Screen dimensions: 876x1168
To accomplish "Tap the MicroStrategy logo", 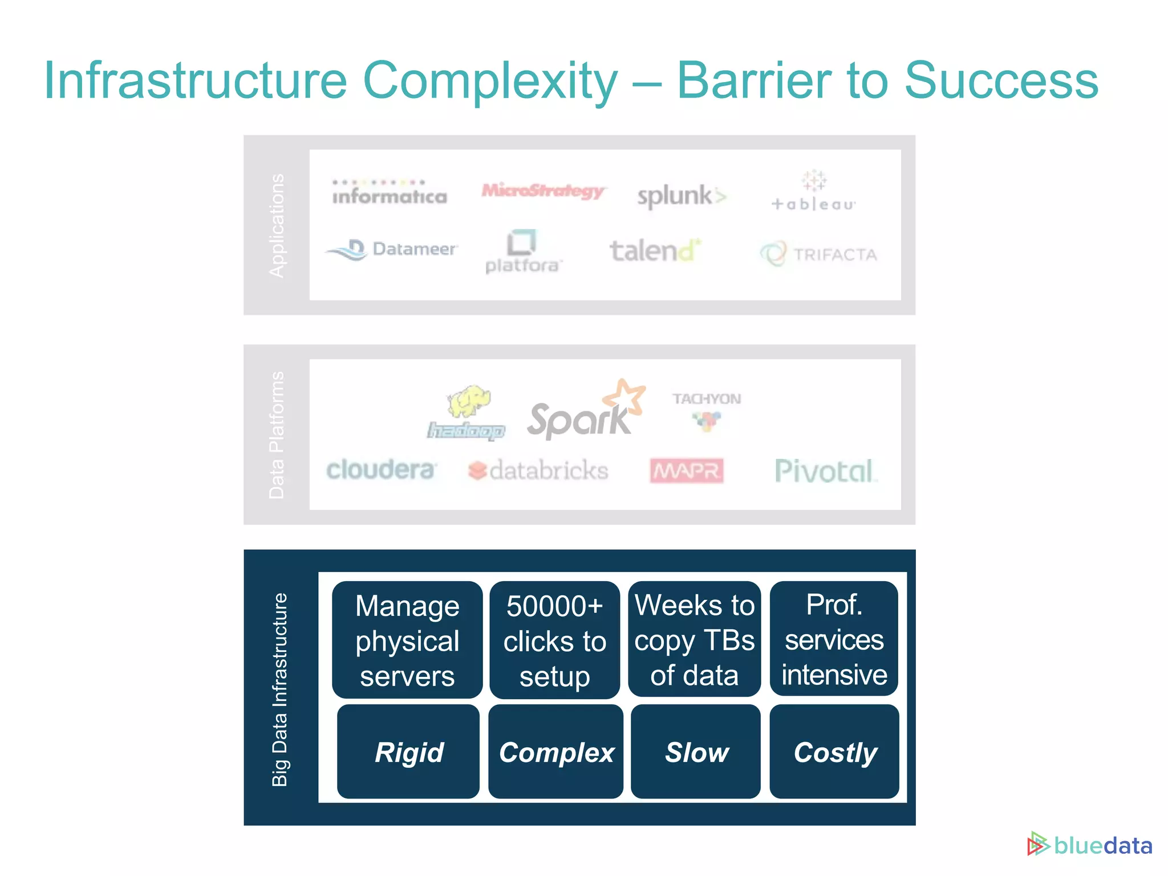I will click(x=543, y=191).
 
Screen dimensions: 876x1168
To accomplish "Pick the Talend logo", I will click(x=655, y=251).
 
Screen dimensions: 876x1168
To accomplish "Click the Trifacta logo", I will click(x=819, y=254).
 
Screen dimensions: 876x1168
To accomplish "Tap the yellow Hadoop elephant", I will click(x=469, y=400).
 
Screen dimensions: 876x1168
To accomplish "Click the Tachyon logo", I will click(x=707, y=411).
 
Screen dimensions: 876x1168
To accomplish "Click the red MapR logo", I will click(x=687, y=471).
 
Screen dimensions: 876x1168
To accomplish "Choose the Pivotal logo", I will click(x=825, y=472).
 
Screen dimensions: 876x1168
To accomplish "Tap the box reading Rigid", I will click(x=408, y=752).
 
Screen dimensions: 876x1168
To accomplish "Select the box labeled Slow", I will click(x=696, y=752).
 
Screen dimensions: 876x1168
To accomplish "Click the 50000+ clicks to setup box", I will click(x=554, y=640).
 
